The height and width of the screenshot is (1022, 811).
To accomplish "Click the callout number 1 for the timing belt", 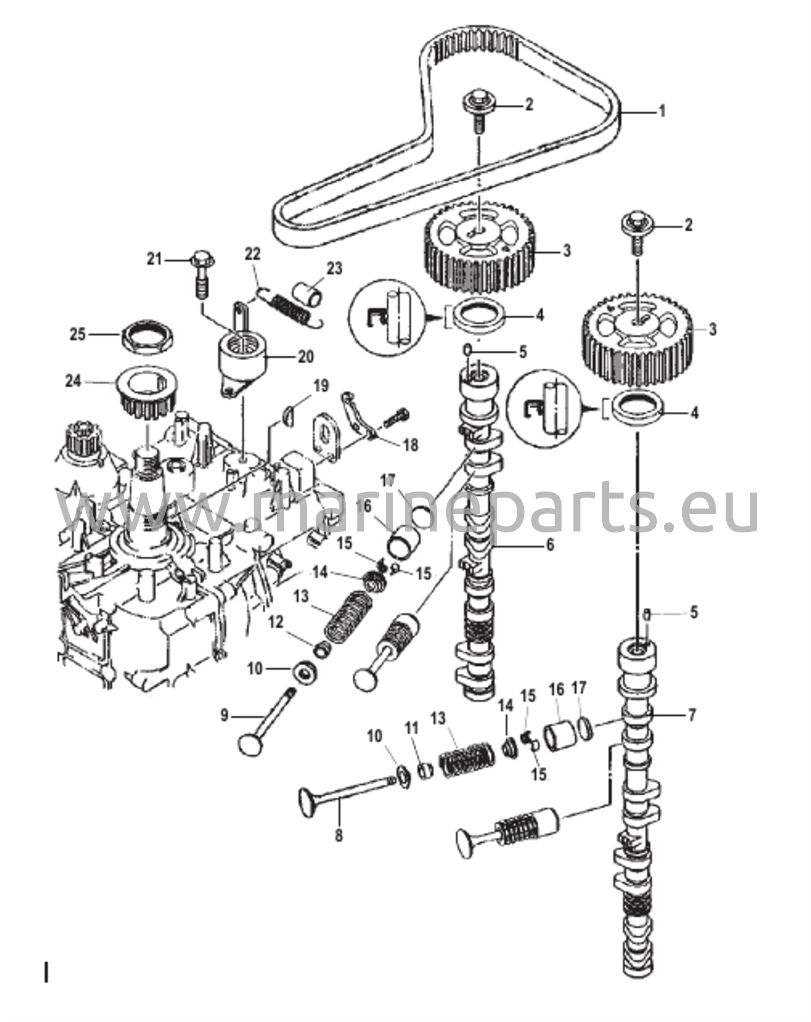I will (662, 111).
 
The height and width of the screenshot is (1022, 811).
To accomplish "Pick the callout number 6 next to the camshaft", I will (549, 545).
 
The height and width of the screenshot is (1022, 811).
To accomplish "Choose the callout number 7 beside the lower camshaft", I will (691, 715).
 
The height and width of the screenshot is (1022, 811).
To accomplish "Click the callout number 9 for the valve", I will (224, 716).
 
